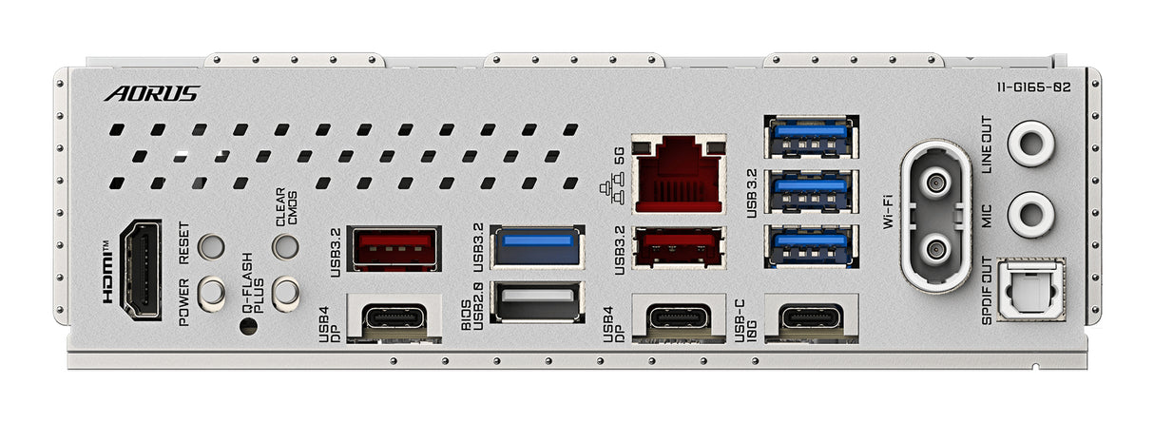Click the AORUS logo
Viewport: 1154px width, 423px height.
click(152, 93)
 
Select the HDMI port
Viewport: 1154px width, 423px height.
click(143, 269)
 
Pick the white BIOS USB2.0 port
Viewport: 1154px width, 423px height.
click(537, 302)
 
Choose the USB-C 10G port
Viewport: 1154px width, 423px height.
click(811, 317)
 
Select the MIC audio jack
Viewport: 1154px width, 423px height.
click(1029, 215)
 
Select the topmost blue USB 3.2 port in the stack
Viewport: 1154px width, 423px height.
click(811, 136)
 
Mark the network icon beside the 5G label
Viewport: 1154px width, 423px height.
click(606, 190)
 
